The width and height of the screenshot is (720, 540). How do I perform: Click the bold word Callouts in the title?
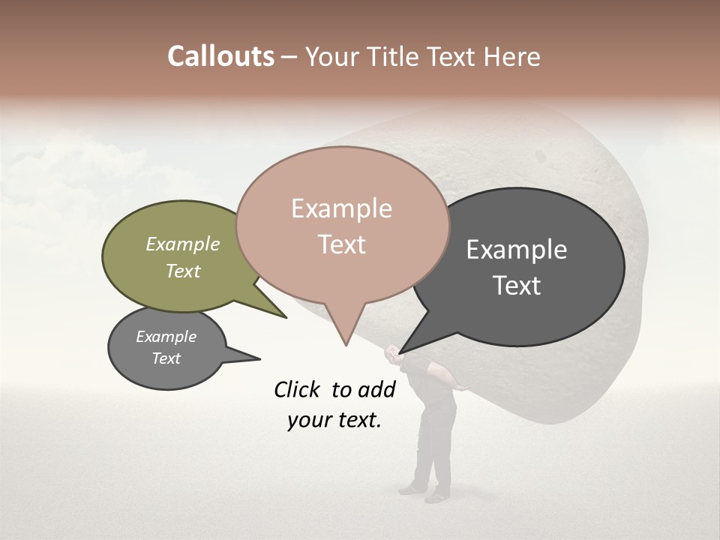point(220,56)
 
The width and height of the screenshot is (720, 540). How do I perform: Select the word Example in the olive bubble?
point(182,244)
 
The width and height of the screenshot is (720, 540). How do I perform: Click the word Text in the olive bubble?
point(182,271)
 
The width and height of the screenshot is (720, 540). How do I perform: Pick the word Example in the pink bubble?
point(341,208)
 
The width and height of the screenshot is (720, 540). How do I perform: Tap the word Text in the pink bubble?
point(341,244)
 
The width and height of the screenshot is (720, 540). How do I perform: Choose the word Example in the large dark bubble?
point(517,250)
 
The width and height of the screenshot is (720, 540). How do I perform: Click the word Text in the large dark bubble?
point(517,286)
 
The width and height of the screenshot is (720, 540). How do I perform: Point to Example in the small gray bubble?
point(166,337)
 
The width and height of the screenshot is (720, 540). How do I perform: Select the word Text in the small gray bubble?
point(166,358)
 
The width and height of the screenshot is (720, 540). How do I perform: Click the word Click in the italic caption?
point(298,389)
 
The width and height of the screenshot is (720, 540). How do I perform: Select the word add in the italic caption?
point(376,389)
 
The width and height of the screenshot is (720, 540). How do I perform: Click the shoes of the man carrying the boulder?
point(424,493)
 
